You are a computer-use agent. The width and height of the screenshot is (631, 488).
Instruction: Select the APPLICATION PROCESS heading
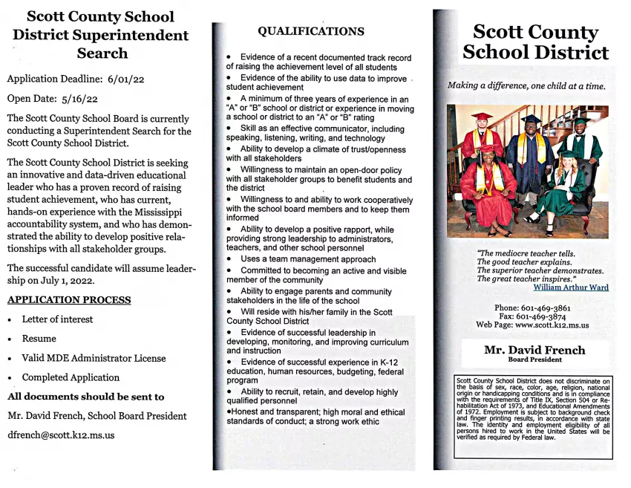[68, 300]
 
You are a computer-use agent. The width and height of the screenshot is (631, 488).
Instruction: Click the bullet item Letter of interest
[57, 319]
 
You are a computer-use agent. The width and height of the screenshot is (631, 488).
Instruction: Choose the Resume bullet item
[39, 339]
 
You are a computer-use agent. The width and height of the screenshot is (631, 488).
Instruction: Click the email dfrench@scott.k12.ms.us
[61, 435]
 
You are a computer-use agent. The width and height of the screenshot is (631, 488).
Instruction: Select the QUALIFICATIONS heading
[310, 31]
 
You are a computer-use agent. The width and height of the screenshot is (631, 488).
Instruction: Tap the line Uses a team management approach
[307, 259]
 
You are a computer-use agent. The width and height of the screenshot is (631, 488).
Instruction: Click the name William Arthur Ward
[570, 287]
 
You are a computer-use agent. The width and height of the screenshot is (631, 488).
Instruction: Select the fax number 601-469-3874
[542, 316]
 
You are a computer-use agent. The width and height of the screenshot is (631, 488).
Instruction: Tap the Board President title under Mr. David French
[534, 360]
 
